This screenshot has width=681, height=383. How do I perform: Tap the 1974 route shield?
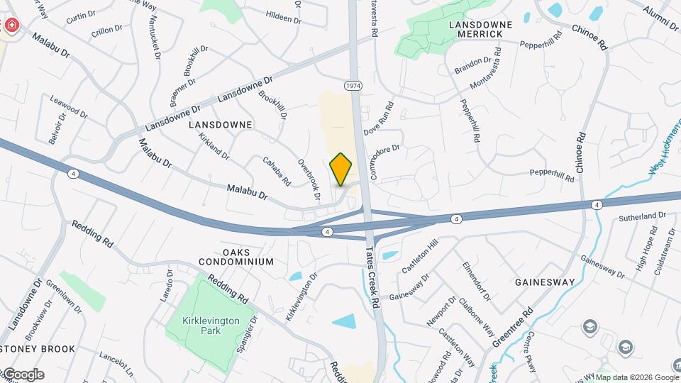click(353, 85)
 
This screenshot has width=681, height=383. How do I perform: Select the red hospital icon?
click(12, 26)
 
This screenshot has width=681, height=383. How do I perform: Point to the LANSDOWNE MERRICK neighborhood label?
click(480, 29)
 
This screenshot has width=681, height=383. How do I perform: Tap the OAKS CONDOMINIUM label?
click(248, 257)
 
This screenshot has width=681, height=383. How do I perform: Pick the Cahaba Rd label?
click(277, 171)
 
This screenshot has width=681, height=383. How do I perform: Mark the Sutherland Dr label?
click(643, 215)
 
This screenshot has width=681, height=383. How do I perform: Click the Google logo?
click(23, 374)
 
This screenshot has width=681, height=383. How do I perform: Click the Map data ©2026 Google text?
click(636, 377)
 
